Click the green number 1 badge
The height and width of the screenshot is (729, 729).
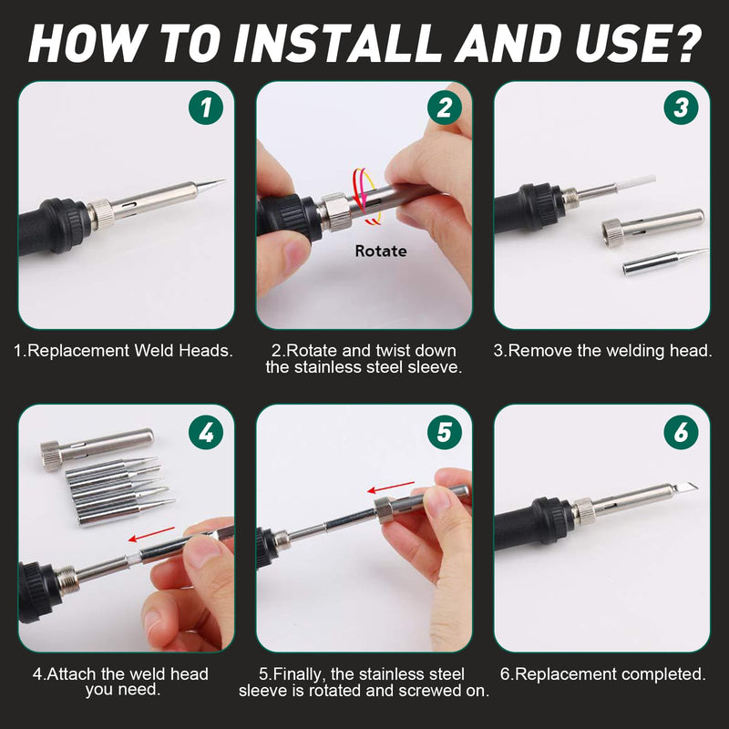point(206,108)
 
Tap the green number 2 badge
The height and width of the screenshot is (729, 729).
point(445,108)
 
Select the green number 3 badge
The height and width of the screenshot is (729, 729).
point(681,108)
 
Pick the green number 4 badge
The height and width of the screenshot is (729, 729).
point(206,432)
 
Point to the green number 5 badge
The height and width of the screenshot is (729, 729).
point(445,432)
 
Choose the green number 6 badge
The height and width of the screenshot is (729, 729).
point(681,432)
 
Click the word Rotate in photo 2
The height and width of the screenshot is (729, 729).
point(381,252)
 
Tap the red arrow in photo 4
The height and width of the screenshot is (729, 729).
point(151,534)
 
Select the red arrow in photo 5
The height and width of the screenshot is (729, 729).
point(391,488)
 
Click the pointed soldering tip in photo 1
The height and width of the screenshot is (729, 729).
point(211,185)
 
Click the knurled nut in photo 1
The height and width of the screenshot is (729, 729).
point(101,213)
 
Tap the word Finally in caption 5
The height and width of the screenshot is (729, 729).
point(299,674)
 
